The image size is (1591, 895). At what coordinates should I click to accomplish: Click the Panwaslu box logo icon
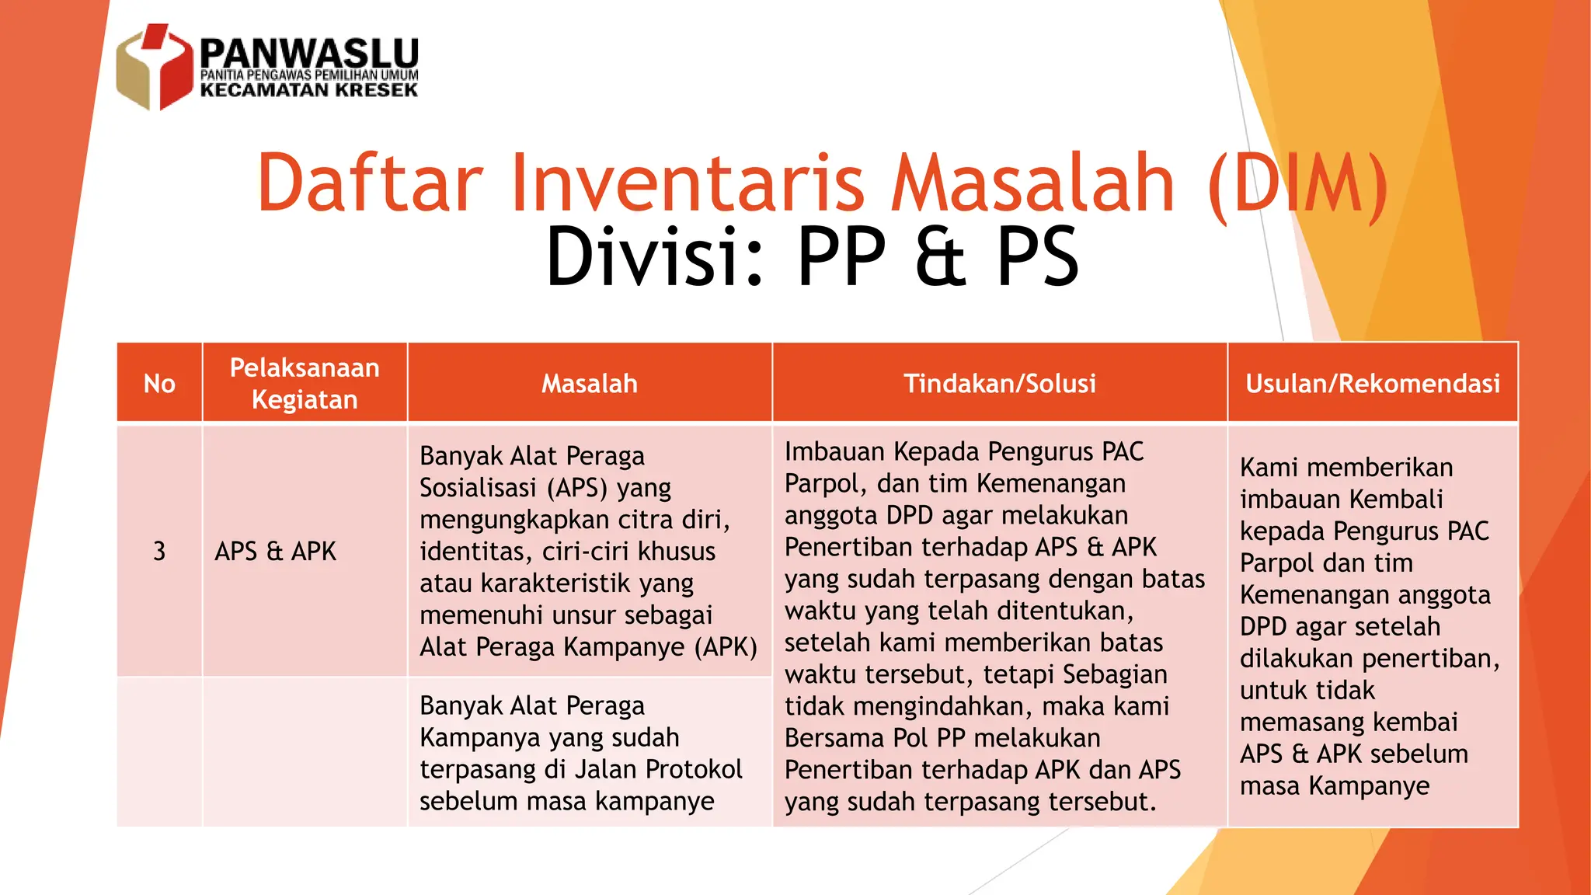coord(154,67)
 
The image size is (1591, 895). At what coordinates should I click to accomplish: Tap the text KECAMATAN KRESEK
coord(309,90)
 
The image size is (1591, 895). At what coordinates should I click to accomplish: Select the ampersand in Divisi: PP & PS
coord(941,256)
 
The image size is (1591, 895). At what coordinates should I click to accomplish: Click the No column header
coord(159,383)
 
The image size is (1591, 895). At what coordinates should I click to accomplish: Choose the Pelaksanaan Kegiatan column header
coord(305,383)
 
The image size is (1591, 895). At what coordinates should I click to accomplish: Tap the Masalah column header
coord(590,383)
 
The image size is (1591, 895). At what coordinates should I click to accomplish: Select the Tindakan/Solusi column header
coord(1000,383)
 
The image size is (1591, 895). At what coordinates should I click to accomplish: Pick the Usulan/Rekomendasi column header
coord(1373,383)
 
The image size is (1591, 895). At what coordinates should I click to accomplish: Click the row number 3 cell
coord(159,551)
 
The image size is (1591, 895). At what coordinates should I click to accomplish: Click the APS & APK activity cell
coord(276,551)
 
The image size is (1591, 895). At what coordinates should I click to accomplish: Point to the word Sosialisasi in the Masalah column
coord(478,488)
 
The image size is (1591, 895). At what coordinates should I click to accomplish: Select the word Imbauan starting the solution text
coord(835,451)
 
